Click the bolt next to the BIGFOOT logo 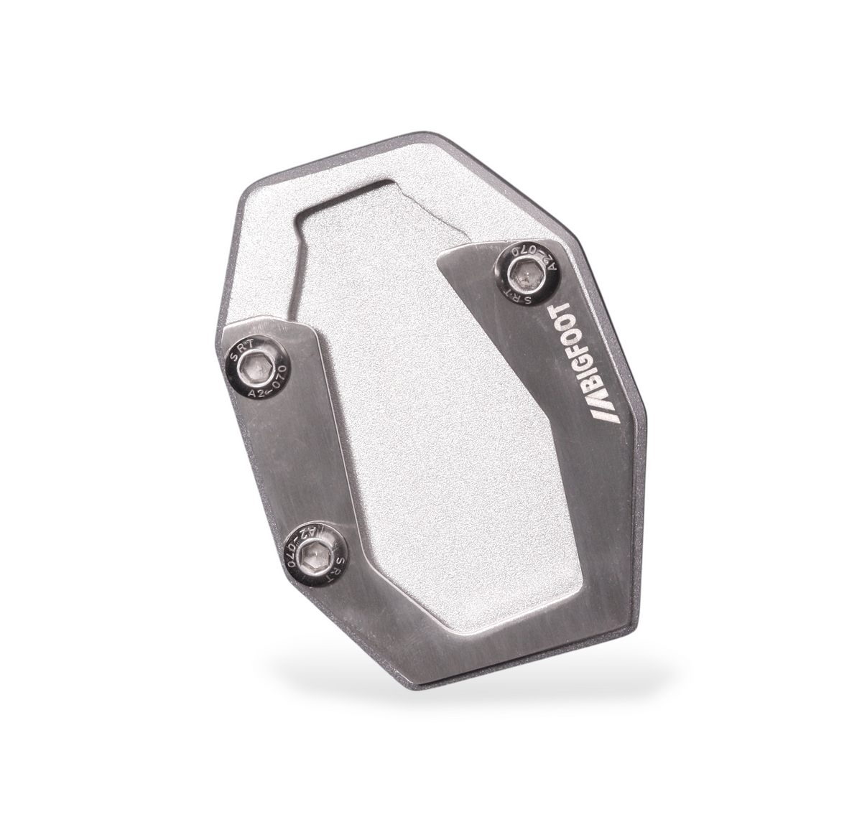click(527, 273)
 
